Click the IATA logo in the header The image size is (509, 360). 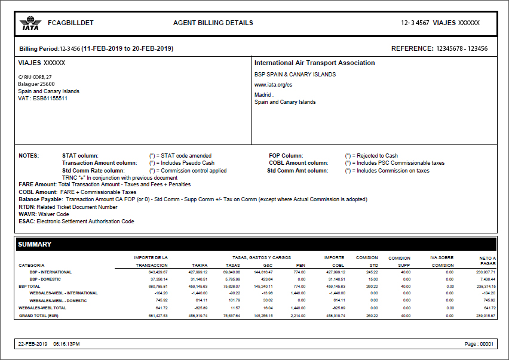pyautogui.click(x=29, y=24)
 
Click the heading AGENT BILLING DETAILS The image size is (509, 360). pyautogui.click(x=213, y=23)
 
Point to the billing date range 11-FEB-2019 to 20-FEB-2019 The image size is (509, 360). pyautogui.click(x=127, y=48)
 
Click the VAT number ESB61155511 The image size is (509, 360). pyautogui.click(x=50, y=99)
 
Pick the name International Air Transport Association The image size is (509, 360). pyautogui.click(x=314, y=63)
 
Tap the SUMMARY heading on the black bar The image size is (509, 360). pyautogui.click(x=35, y=244)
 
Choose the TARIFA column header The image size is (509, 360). pyautogui.click(x=199, y=265)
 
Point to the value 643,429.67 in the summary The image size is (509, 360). pyautogui.click(x=156, y=272)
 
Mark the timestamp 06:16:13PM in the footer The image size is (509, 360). pyautogui.click(x=66, y=344)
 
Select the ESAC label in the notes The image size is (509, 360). pyautogui.click(x=27, y=221)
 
